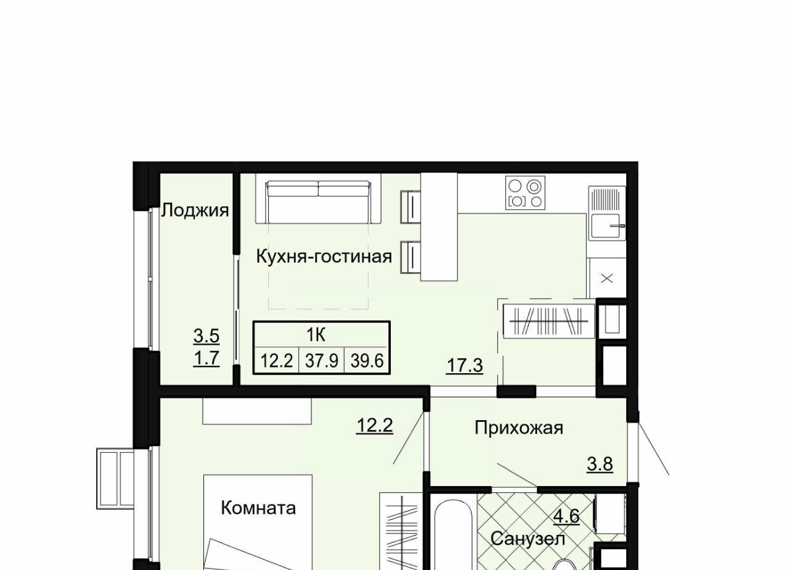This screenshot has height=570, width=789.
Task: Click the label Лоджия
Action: (x=195, y=210)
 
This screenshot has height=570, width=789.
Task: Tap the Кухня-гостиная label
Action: (x=324, y=256)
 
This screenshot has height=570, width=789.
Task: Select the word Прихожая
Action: (x=519, y=427)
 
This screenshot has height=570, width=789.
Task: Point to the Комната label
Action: (x=258, y=508)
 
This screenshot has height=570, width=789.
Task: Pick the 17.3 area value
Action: (x=465, y=365)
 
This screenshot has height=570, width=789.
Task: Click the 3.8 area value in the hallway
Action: (x=600, y=464)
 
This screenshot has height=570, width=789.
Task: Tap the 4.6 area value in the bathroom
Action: (x=566, y=517)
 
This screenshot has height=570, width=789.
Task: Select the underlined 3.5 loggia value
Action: (x=206, y=336)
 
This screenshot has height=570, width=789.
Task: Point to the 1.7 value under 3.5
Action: (x=206, y=358)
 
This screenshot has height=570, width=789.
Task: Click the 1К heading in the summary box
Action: (x=316, y=334)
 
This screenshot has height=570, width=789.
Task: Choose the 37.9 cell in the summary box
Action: (x=322, y=361)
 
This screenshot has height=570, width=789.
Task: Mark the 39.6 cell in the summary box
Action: (x=367, y=361)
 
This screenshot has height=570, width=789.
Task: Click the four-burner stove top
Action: (x=525, y=193)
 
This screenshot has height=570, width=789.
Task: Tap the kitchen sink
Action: (x=607, y=226)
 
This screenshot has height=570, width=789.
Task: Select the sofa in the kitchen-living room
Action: (x=319, y=202)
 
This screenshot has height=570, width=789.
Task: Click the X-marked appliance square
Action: (x=607, y=278)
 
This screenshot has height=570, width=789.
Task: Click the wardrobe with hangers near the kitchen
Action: (x=549, y=321)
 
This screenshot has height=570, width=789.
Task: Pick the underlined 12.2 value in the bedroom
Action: (x=374, y=425)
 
